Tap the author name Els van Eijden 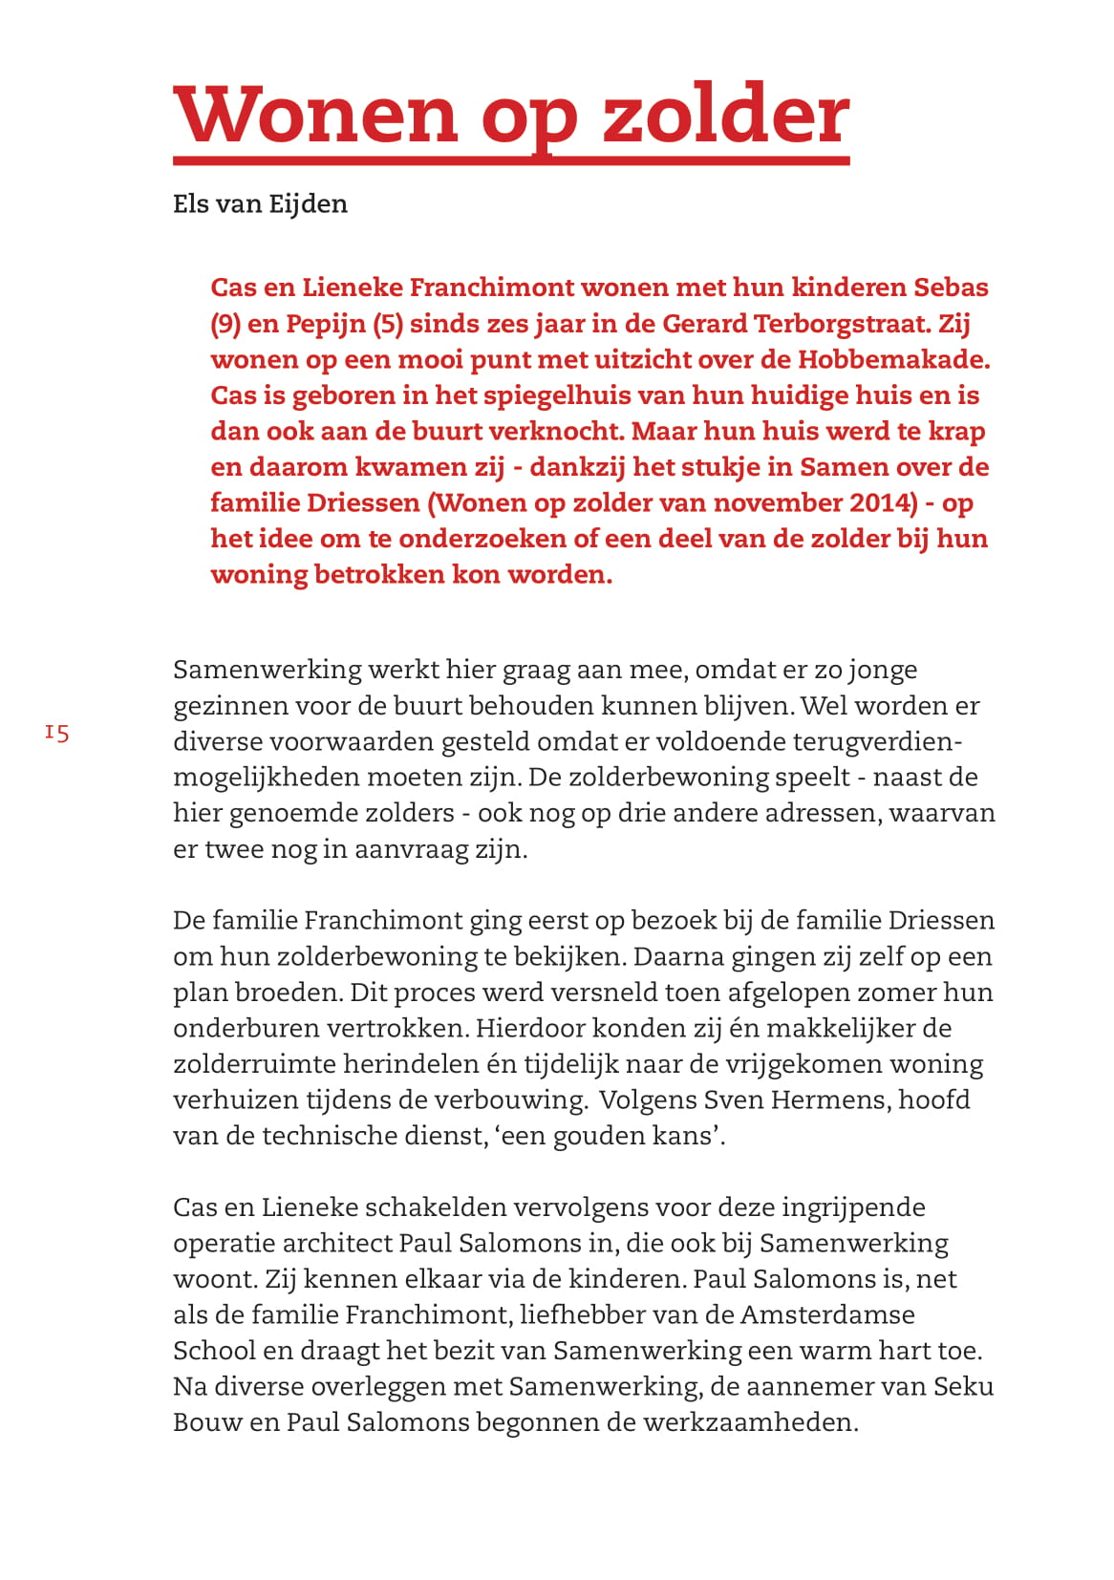click(x=260, y=203)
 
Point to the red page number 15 click(x=57, y=733)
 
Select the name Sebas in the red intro click(x=951, y=288)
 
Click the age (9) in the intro click(x=225, y=324)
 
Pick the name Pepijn click(x=326, y=324)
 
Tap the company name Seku click(x=963, y=1386)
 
